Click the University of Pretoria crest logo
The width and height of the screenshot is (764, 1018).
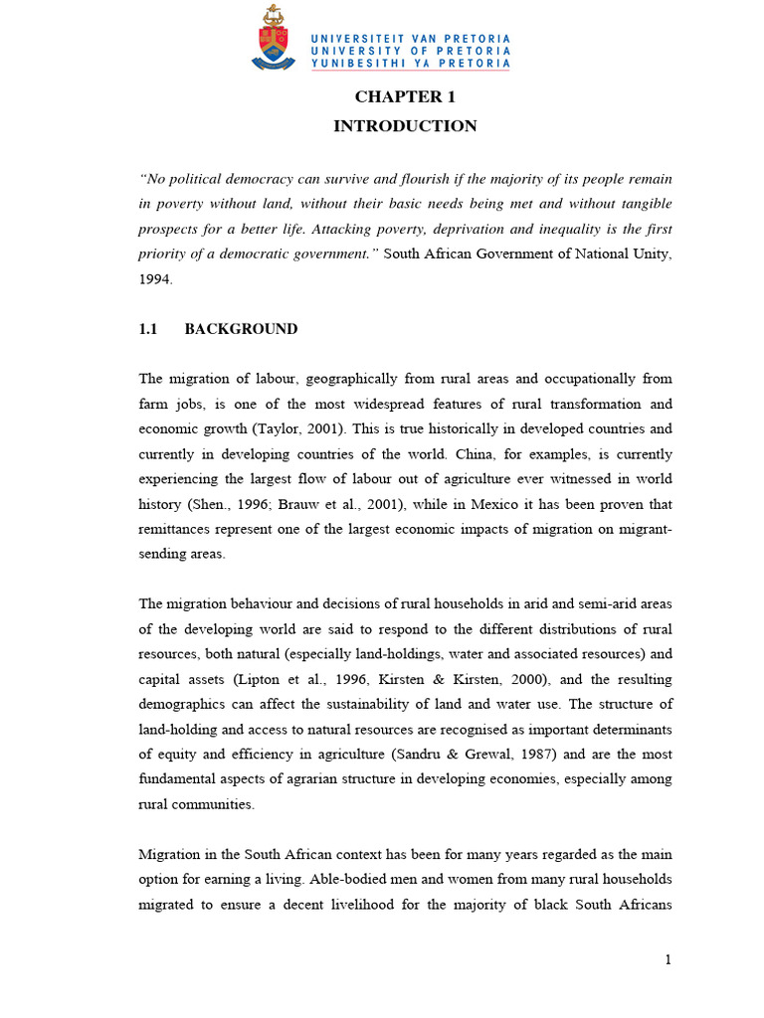click(x=274, y=39)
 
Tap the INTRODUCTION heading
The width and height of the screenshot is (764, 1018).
click(x=405, y=126)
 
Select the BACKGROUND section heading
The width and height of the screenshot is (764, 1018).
click(x=241, y=329)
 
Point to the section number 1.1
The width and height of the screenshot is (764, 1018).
click(x=149, y=329)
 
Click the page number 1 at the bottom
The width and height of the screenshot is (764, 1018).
click(x=668, y=959)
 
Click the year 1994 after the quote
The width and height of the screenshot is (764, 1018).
click(x=156, y=279)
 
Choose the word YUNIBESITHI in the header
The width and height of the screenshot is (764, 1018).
click(x=360, y=64)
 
